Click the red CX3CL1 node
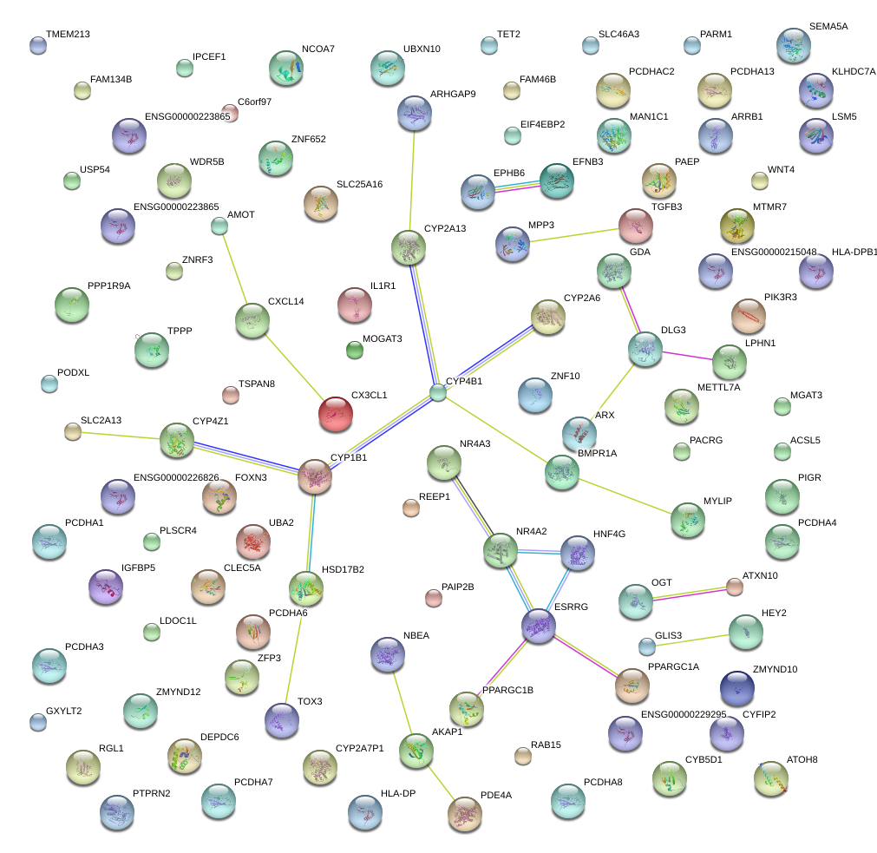336,414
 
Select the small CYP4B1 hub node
439,393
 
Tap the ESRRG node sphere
538,625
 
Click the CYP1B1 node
315,476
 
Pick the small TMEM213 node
37,46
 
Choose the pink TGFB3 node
636,226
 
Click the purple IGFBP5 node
106,587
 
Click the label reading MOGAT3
382,338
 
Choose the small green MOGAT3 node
354,351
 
